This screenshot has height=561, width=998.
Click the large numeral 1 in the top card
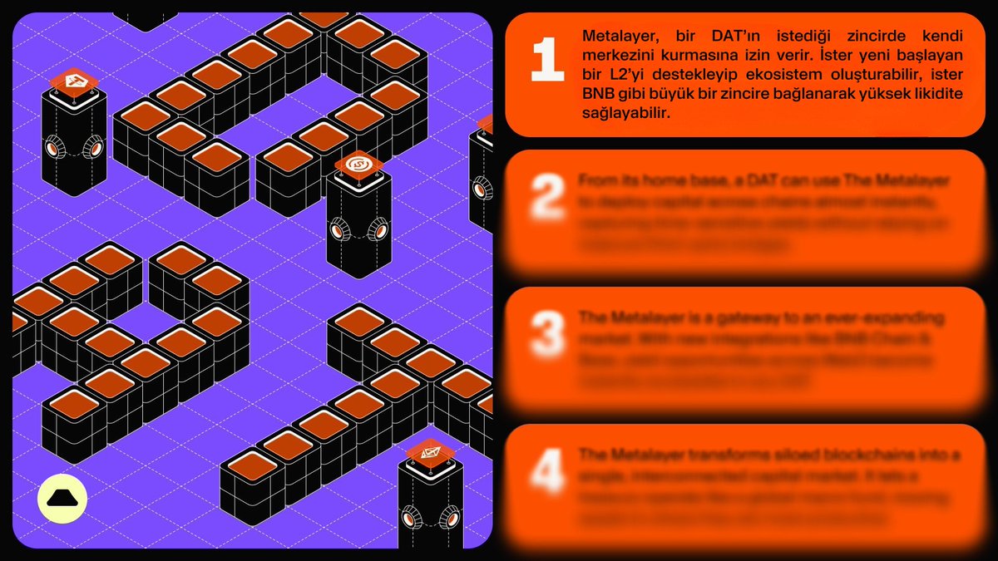[547, 60]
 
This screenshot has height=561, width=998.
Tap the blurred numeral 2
[547, 198]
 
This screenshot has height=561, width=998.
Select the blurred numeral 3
[547, 335]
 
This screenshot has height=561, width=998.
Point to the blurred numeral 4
[547, 471]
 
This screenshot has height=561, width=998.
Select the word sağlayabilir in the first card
[625, 113]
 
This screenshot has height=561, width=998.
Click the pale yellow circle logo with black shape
[62, 499]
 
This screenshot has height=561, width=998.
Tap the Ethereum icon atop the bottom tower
[431, 452]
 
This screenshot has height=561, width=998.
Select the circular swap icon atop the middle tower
[358, 164]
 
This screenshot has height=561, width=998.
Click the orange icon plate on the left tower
[74, 81]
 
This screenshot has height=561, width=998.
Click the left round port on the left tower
[53, 148]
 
